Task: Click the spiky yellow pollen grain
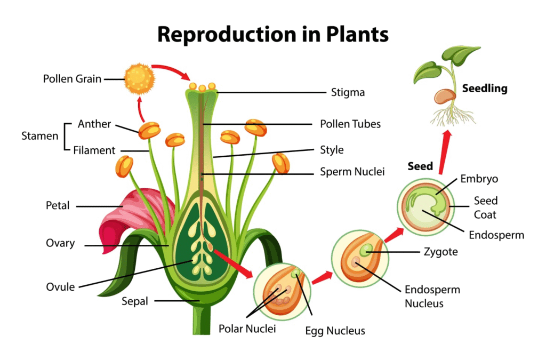139,79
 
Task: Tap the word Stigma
348,92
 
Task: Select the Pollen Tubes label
350,124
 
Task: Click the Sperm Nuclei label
352,172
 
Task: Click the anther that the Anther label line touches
149,130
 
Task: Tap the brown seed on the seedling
445,97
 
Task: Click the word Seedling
485,89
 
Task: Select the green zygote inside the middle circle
366,250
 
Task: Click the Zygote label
441,251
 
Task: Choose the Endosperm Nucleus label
432,297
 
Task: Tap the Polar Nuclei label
247,329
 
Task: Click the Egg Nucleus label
335,331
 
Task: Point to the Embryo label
479,179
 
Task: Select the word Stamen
39,136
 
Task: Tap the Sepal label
135,301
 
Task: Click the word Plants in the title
357,35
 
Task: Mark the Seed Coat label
485,207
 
